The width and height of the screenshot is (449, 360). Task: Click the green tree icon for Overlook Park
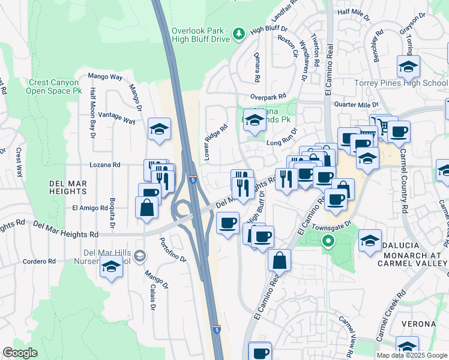pyautogui.click(x=239, y=32)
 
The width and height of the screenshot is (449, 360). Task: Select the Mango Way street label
pyautogui.click(x=105, y=76)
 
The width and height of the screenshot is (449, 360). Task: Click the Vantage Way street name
pyautogui.click(x=116, y=117)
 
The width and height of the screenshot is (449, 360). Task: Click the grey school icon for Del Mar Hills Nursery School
pyautogui.click(x=140, y=256)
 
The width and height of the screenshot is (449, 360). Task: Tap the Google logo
pyautogui.click(x=20, y=352)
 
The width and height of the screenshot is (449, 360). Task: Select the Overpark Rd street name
pyautogui.click(x=268, y=97)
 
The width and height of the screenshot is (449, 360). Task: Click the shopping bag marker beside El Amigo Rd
pyautogui.click(x=147, y=208)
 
